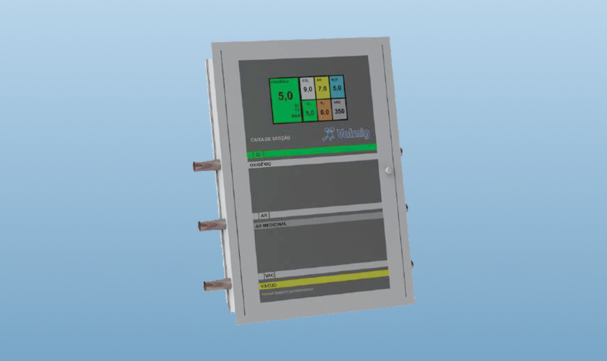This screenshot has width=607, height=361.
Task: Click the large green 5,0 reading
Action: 286,96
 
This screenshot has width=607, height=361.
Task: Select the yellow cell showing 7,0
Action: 322,89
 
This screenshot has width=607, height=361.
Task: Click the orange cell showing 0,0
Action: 324,111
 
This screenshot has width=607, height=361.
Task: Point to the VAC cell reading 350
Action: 339,111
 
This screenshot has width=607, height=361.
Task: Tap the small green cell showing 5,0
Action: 309,112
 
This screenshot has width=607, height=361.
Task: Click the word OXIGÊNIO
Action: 260,164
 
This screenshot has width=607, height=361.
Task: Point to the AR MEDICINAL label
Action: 271,224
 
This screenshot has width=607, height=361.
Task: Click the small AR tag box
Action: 264,215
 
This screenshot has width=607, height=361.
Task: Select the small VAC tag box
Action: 270,276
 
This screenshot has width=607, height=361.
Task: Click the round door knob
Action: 388,170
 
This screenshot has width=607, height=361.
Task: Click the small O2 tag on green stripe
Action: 257,154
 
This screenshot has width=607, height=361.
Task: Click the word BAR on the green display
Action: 295,117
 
